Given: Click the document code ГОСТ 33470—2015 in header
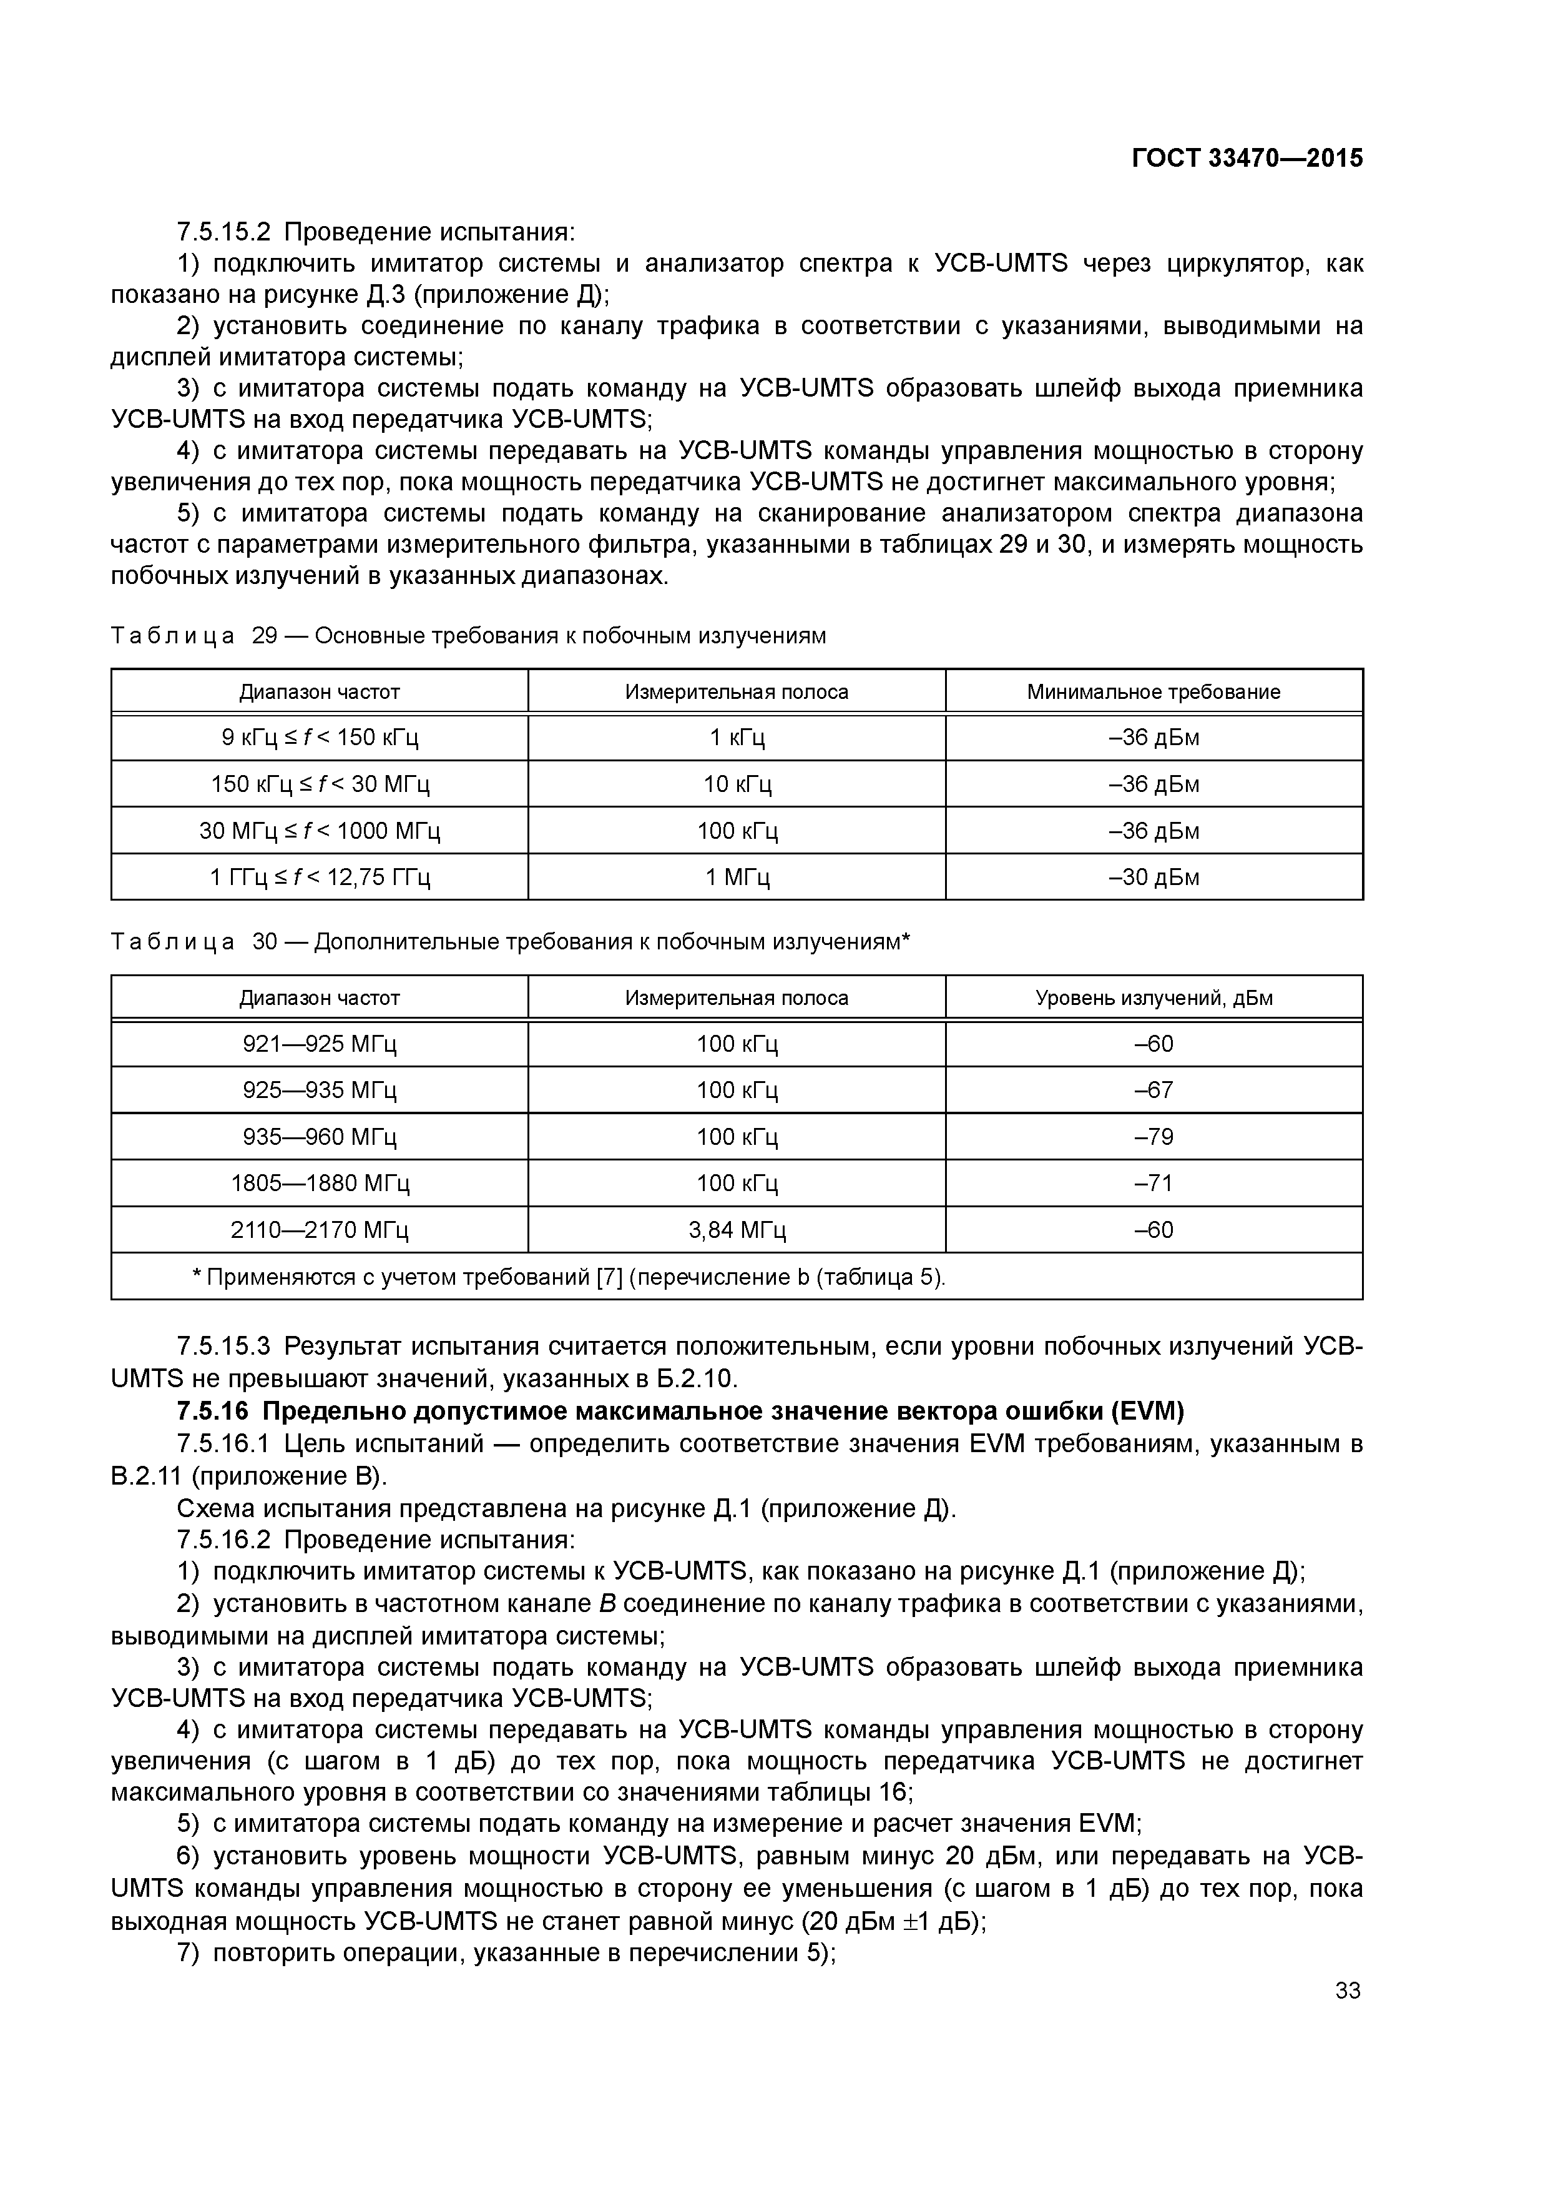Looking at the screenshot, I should pyautogui.click(x=1247, y=159).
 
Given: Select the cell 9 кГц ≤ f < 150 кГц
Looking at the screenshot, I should pyautogui.click(x=320, y=738).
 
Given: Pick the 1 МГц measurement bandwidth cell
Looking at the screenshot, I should pyautogui.click(x=737, y=877).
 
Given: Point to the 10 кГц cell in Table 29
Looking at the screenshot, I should pyautogui.click(x=737, y=784).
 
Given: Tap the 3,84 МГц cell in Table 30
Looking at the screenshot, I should pyautogui.click(x=737, y=1230).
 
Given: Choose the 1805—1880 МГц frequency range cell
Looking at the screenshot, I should pyautogui.click(x=320, y=1184).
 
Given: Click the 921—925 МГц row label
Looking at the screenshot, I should pyautogui.click(x=320, y=1044).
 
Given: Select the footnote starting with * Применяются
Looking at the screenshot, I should pyautogui.click(x=569, y=1277).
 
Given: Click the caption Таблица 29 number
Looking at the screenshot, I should pyautogui.click(x=263, y=636).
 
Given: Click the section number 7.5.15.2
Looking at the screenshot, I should pyautogui.click(x=223, y=232).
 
